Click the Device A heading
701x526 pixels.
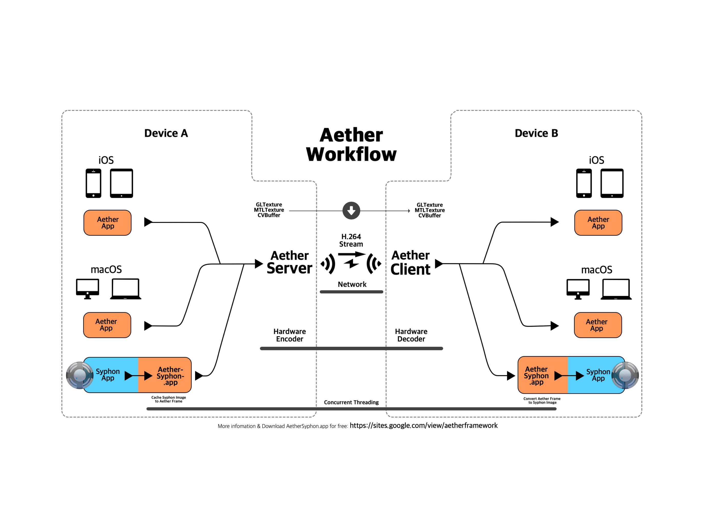pos(166,133)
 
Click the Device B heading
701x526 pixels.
pos(536,133)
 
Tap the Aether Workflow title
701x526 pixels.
pos(351,145)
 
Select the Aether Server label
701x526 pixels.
pos(289,262)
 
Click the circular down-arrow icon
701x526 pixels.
pos(351,210)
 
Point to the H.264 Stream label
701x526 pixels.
pos(351,240)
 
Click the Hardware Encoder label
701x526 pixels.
pos(289,335)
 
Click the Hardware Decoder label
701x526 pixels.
pos(411,335)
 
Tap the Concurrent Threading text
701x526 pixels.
pos(351,402)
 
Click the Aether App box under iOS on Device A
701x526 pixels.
pos(108,223)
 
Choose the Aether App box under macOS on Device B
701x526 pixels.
pos(598,325)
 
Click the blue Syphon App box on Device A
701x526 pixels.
pos(109,375)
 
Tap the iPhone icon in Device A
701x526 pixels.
pos(93,183)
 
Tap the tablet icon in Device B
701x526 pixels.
pos(612,183)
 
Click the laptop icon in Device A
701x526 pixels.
pos(125,289)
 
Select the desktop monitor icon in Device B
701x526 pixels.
pos(578,289)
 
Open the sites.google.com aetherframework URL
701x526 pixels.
pos(423,425)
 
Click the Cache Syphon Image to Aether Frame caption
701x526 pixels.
pos(169,399)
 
